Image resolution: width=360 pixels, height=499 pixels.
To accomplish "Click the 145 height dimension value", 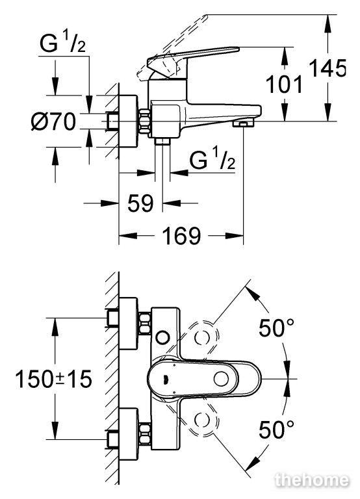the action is [x=328, y=68].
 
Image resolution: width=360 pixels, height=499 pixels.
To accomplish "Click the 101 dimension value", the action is [x=284, y=84].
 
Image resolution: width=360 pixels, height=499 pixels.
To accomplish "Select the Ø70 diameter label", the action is [x=54, y=122].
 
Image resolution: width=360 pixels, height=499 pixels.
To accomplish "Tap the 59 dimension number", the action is [x=140, y=203].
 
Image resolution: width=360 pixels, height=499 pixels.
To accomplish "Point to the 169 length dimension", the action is [x=181, y=236].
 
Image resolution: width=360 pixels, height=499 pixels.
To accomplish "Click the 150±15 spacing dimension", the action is [x=53, y=379].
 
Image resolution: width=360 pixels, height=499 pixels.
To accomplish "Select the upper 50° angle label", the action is [x=276, y=327].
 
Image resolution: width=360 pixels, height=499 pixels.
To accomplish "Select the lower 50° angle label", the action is [x=276, y=429].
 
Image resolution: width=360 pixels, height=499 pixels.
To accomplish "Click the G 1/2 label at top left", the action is [x=62, y=43].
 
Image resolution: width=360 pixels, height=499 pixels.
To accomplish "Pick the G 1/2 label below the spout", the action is [x=212, y=159].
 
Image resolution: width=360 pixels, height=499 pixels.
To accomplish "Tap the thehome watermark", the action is [x=312, y=480].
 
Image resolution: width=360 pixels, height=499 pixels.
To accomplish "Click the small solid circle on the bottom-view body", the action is [x=163, y=337].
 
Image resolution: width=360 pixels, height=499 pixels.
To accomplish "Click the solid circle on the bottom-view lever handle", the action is [x=220, y=379].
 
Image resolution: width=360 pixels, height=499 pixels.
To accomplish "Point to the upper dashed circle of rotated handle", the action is [x=203, y=338].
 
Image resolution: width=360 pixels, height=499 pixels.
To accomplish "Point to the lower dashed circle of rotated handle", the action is [x=202, y=420].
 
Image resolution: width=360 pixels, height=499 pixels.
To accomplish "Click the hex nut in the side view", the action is [x=144, y=122].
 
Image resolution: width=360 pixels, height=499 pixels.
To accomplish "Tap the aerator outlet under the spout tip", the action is [x=244, y=123].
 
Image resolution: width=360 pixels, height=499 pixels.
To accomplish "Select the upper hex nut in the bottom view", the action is [x=144, y=324].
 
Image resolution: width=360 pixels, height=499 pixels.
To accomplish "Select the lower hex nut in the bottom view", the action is [x=144, y=433].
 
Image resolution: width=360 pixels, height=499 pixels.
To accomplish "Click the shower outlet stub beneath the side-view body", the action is [x=162, y=141].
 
